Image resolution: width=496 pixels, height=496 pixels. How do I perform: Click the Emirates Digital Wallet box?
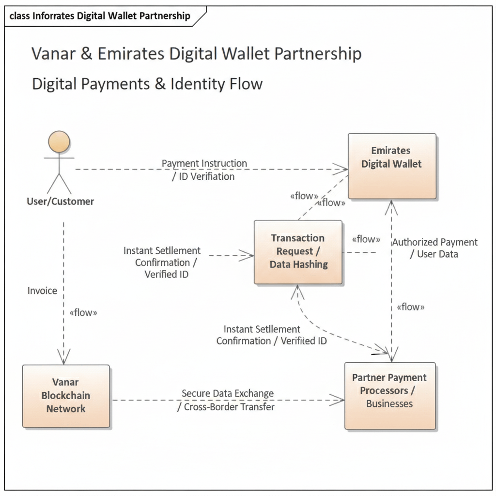pos(392,166)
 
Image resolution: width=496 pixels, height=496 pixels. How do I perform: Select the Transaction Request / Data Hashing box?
pos(298,252)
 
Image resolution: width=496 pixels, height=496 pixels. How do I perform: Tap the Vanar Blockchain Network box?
pos(66,396)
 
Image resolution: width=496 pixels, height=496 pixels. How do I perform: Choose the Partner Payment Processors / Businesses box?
pos(390,395)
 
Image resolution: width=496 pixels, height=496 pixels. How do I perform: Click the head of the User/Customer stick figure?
pos(59,142)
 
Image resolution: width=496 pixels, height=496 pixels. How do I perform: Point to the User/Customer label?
pos(61,201)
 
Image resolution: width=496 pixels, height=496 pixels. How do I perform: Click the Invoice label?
pos(42,291)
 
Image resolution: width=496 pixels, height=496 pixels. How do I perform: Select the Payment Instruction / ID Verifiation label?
pos(204,170)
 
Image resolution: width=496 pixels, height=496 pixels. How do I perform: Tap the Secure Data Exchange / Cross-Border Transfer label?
pos(227,400)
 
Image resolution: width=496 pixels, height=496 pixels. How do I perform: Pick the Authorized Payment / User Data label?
pos(434,248)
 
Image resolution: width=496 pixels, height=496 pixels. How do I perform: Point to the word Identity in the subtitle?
pos(198,84)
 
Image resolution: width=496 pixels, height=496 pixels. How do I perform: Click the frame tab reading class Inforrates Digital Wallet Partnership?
pos(100,16)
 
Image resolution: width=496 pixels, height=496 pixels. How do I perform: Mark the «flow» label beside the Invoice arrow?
pos(83,312)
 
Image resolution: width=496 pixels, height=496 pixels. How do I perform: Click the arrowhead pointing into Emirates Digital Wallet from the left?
pos(342,170)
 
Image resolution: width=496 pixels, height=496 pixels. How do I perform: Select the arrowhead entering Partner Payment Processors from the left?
pos(339,400)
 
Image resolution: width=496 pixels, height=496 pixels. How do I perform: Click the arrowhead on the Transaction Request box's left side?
pos(249,255)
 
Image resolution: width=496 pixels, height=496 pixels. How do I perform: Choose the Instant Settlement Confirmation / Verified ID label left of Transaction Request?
pos(162,263)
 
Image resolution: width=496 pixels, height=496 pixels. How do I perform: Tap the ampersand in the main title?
pos(87,53)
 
